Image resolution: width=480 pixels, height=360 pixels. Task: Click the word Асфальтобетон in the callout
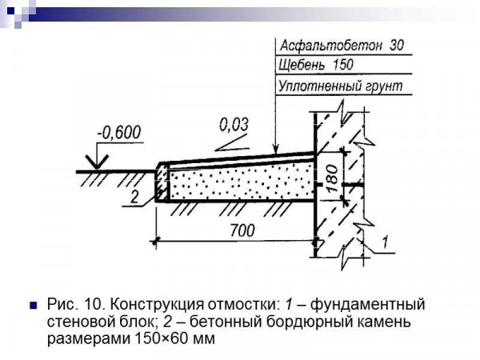tap(331, 46)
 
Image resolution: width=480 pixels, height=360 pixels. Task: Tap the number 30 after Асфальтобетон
tap(397, 46)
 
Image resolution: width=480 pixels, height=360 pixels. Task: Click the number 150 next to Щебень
tap(343, 65)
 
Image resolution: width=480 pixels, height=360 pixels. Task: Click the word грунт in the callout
tap(380, 86)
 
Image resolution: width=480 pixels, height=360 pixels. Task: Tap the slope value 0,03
tap(234, 125)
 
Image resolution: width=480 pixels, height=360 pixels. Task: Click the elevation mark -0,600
tap(119, 132)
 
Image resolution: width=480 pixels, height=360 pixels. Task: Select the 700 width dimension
tap(242, 230)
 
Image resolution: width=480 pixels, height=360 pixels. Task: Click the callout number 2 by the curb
tap(134, 197)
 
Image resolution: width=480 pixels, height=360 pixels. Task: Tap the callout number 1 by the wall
tap(386, 242)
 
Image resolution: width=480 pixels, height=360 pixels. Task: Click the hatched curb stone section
tap(162, 182)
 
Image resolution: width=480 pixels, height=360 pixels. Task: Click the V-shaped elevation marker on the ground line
tap(98, 162)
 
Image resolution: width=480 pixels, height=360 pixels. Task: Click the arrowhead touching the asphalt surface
tap(276, 149)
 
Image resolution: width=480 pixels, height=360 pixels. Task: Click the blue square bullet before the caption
tap(34, 306)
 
